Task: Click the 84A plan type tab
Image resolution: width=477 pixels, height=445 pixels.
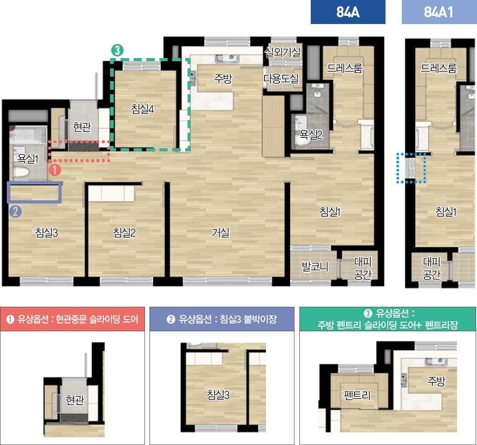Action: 348,12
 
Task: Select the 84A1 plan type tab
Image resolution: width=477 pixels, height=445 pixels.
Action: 439,12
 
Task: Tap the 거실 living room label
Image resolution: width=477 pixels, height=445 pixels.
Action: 221,232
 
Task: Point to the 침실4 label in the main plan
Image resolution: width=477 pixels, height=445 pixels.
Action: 143,108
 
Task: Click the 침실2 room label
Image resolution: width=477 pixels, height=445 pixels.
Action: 125,232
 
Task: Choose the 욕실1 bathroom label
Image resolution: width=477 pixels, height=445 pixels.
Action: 28,158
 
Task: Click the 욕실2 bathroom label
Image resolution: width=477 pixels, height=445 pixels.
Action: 311,134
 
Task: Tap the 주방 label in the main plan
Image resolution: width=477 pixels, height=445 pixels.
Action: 223,78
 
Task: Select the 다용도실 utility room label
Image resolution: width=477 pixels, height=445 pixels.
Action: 281,78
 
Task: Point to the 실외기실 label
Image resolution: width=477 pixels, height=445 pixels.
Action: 282,53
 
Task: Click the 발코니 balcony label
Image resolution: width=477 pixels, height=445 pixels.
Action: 315,266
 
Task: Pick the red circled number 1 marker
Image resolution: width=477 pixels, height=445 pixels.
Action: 55,170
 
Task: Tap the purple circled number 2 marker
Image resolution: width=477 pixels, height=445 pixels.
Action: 15,211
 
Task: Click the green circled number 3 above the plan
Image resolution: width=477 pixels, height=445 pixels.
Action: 117,50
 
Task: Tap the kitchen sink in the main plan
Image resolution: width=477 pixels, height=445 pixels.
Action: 226,58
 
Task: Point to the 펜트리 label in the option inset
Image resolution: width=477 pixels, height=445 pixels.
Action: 357,395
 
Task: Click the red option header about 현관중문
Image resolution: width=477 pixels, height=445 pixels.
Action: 72,319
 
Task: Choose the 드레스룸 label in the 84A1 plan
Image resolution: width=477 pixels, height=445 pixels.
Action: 438,68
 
